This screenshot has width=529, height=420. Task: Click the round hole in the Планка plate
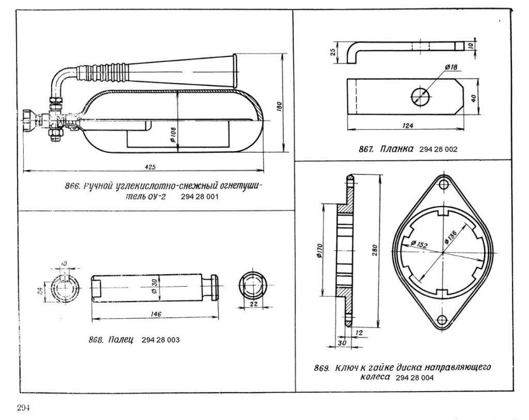(420, 96)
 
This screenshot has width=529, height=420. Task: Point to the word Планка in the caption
(397, 149)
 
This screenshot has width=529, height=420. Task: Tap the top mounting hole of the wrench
(443, 184)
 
